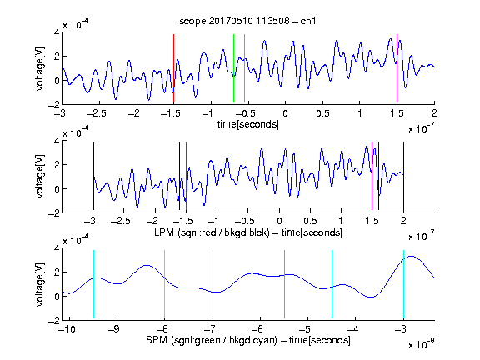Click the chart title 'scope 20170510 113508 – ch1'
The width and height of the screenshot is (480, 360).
[x=247, y=21]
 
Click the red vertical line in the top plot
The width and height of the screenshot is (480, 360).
[x=173, y=69]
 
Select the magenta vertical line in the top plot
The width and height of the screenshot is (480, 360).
[x=397, y=69]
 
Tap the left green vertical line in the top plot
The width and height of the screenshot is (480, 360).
[x=233, y=68]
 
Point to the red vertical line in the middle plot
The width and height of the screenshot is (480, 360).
[x=186, y=177]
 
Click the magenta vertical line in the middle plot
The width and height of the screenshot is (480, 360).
[x=372, y=177]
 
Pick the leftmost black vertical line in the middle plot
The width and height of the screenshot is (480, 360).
[x=93, y=177]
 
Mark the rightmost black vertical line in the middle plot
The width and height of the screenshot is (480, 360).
[x=403, y=177]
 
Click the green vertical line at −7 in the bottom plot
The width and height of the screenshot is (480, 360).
[x=212, y=284]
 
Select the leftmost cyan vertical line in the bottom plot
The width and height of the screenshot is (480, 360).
[x=93, y=284]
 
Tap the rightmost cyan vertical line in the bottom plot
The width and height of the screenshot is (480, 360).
[x=403, y=284]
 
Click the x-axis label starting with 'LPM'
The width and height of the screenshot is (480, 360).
[x=248, y=232]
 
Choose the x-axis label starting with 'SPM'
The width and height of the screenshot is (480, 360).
[x=248, y=340]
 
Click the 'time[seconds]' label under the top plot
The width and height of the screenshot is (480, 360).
[x=248, y=124]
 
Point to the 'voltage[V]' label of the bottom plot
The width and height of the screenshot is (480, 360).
[x=40, y=284]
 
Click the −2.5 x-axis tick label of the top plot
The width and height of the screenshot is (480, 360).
[x=96, y=113]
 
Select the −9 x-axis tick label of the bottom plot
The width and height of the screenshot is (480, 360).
[x=114, y=329]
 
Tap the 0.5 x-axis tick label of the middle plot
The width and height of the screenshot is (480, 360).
[x=310, y=221]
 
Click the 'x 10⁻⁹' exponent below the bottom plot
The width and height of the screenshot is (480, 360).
[x=421, y=344]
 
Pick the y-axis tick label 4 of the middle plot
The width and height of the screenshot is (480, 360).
[x=57, y=141]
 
